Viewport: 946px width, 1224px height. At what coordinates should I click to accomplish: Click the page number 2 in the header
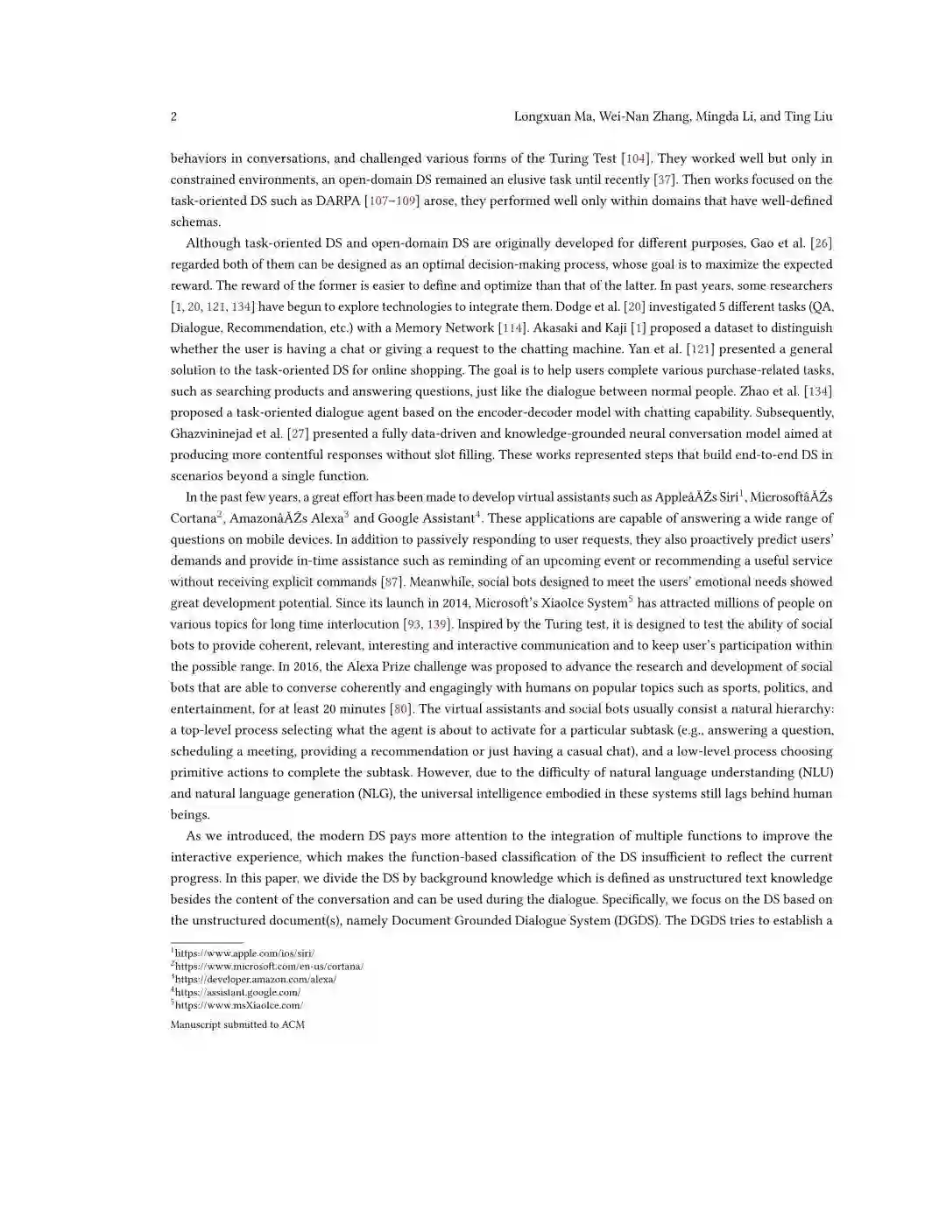173,116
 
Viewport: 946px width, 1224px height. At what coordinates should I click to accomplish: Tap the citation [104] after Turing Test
635,158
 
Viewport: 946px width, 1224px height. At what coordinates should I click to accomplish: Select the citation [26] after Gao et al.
821,243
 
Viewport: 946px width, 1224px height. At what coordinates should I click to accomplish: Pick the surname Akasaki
554,327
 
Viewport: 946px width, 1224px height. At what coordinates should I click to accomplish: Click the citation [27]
299,433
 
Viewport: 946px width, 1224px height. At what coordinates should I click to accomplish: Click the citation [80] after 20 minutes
400,709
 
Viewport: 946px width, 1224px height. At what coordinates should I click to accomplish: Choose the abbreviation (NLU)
815,772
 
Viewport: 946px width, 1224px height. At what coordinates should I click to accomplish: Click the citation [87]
392,582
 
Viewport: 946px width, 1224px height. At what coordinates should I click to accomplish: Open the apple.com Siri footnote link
244,953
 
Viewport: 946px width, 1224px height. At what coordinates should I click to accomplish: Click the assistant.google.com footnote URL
237,992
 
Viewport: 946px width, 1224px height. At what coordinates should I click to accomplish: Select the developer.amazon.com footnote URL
255,979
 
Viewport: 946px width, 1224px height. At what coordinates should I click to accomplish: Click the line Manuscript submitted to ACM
237,1024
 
